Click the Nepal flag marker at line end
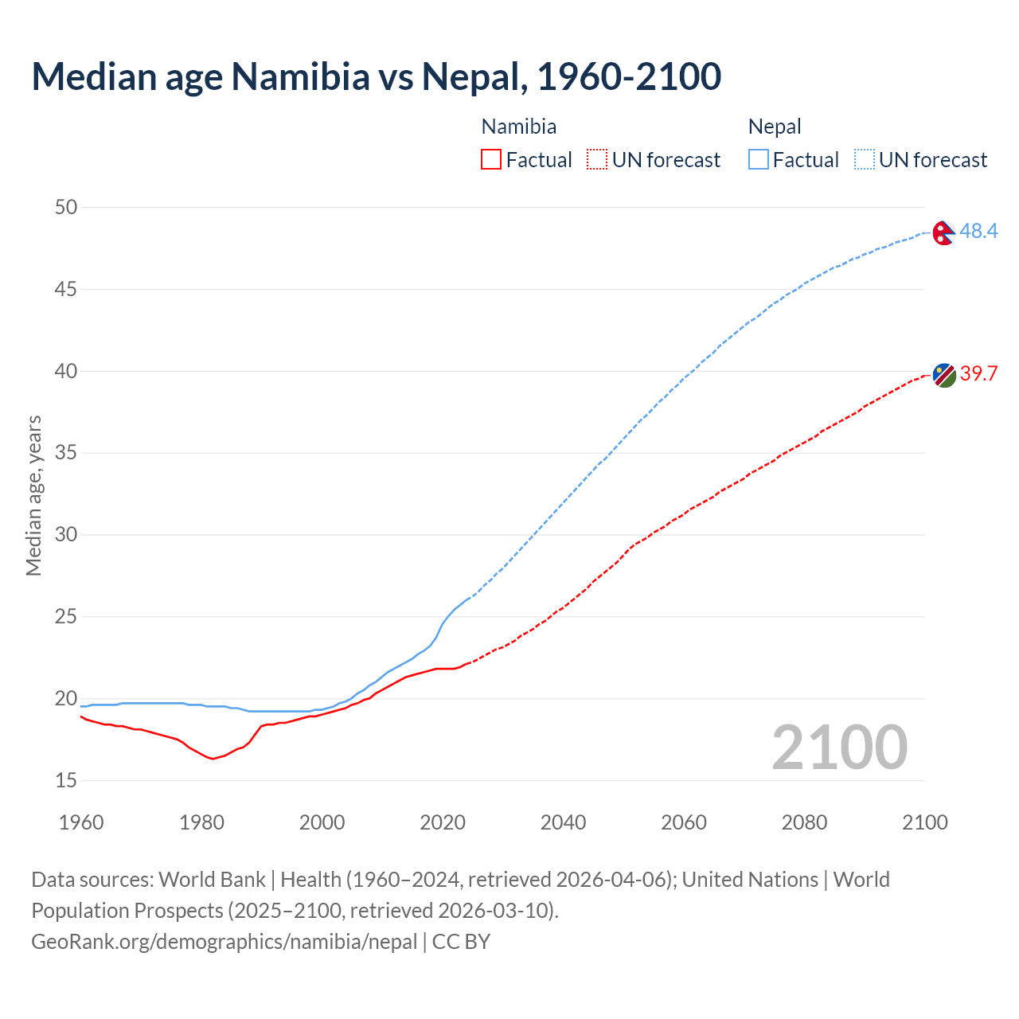(944, 232)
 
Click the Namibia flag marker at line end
(944, 375)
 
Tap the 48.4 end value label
(978, 231)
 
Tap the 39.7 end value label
(978, 373)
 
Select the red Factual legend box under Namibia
(491, 160)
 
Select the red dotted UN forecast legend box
(597, 160)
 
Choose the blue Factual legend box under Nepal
(759, 160)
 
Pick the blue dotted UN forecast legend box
(864, 160)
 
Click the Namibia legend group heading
(519, 127)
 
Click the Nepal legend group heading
(775, 127)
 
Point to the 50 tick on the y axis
(66, 207)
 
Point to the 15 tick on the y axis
(66, 780)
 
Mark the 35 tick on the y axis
(66, 453)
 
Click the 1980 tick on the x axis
(201, 822)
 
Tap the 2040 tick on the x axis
(563, 822)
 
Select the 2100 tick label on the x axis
(924, 822)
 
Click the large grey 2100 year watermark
(840, 747)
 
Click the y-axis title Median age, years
(33, 495)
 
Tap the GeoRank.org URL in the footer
(224, 942)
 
